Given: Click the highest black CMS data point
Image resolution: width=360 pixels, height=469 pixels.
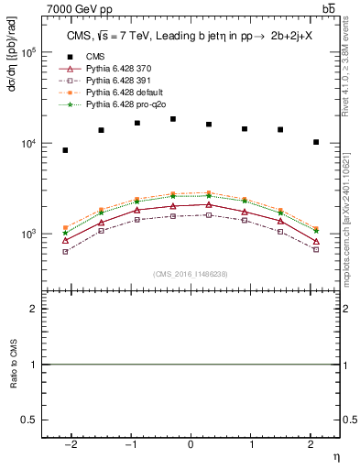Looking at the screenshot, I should pos(173,119).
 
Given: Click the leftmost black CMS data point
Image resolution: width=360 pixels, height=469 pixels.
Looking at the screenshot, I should pos(65,150).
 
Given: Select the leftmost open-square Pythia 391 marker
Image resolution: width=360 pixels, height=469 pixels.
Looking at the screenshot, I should pos(65,251).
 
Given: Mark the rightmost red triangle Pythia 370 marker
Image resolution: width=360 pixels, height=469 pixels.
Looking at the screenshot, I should pos(316,242).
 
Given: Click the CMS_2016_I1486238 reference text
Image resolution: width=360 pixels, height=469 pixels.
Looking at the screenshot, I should pos(191,274).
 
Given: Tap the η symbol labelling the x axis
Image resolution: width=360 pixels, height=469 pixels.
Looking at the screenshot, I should pos(335,454).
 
